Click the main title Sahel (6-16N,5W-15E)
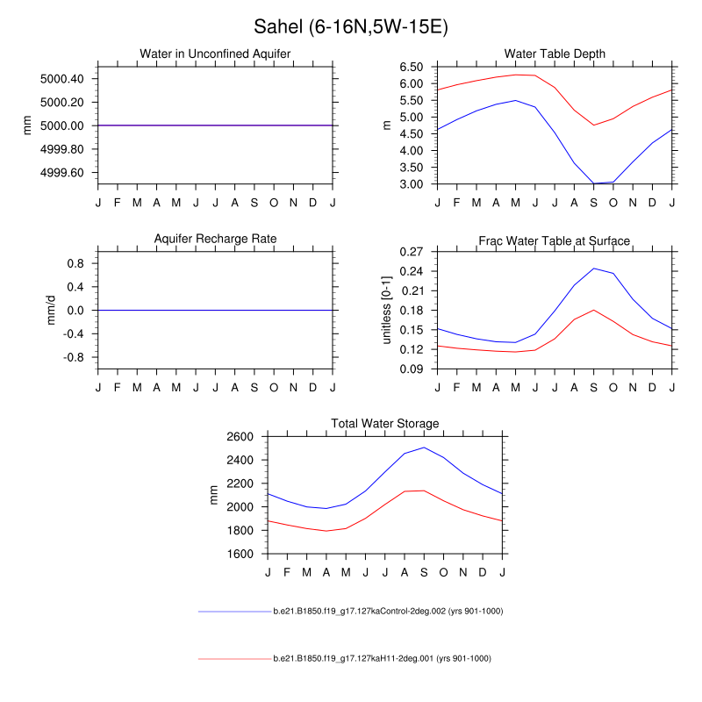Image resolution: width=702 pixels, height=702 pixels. (351, 27)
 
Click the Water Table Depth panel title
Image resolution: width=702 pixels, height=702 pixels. (555, 54)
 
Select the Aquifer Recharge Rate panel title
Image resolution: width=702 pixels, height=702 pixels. (215, 240)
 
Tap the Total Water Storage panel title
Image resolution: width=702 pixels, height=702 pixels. (384, 424)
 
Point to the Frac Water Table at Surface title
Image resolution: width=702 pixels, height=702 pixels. (555, 240)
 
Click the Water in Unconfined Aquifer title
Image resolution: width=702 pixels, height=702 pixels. (215, 54)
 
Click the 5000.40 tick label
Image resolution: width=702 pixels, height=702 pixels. (62, 79)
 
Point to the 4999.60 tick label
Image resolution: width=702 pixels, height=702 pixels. (62, 172)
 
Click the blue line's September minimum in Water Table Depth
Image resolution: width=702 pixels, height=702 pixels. (594, 183)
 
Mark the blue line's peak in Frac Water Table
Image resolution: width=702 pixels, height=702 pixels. (594, 269)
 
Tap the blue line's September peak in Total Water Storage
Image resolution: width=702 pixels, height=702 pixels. (424, 448)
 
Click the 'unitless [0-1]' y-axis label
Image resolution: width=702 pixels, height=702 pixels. (387, 310)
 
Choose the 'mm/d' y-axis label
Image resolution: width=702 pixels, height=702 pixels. (52, 310)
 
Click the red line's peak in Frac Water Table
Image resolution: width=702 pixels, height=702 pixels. (594, 310)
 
